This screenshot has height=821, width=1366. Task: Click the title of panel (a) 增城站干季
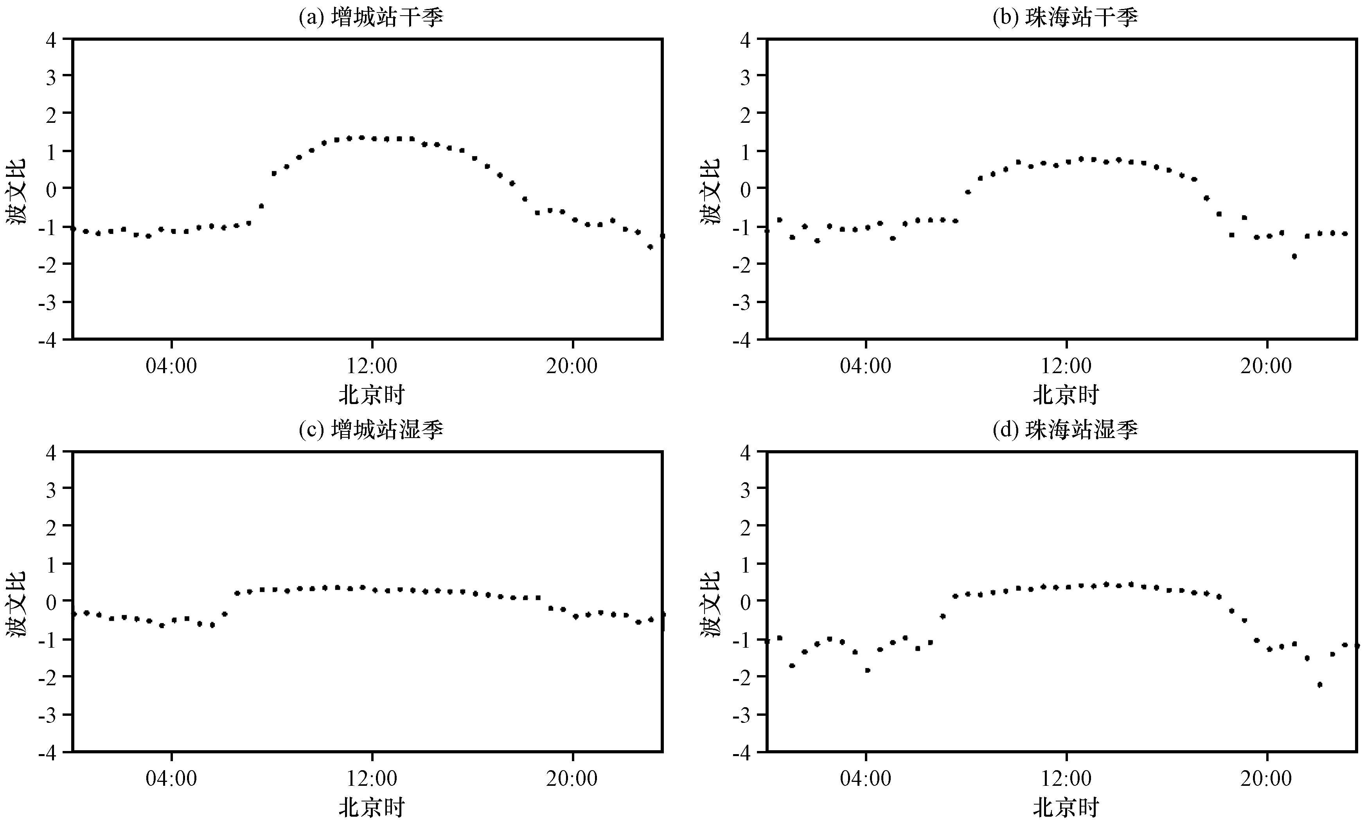[371, 18]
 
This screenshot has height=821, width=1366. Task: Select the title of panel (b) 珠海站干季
[1066, 18]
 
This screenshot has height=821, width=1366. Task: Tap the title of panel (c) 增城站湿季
[371, 430]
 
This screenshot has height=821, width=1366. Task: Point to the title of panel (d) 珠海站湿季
[1066, 430]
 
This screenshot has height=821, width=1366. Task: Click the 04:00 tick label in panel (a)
[171, 366]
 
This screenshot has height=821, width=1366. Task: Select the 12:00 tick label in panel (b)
[1066, 366]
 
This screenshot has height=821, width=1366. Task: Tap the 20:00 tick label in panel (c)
[572, 778]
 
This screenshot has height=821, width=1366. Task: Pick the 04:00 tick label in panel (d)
[866, 778]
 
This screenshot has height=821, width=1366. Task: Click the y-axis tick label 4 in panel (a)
[52, 40]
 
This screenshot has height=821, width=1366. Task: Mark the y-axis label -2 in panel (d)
[741, 677]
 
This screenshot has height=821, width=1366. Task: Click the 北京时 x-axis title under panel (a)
[372, 395]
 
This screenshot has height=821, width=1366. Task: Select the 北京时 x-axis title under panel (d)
[1066, 808]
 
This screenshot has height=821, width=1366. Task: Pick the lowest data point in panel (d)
[1319, 685]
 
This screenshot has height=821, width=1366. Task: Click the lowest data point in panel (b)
[1294, 256]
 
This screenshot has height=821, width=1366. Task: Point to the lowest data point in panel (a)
[650, 247]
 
